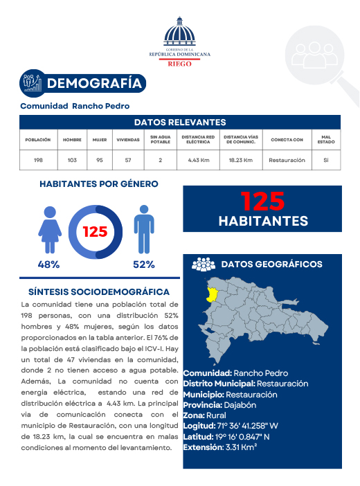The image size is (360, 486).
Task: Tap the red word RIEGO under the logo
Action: pyautogui.click(x=179, y=63)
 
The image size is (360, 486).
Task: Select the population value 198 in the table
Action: pyautogui.click(x=38, y=160)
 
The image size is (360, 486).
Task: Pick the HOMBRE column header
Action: pyautogui.click(x=72, y=140)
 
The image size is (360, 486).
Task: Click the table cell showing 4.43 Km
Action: pyautogui.click(x=199, y=160)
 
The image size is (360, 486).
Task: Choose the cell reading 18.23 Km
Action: pyautogui.click(x=240, y=160)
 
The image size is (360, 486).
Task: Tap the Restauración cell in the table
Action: pyautogui.click(x=287, y=160)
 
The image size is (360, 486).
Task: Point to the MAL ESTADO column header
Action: pyautogui.click(x=325, y=140)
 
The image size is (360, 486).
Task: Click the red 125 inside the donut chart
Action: pyautogui.click(x=95, y=232)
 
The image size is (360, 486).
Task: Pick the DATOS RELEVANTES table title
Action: pyautogui.click(x=179, y=122)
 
